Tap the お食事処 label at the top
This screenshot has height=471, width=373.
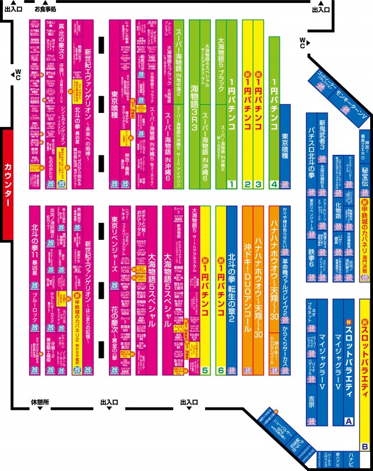coord(45,10)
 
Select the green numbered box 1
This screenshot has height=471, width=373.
coord(231,185)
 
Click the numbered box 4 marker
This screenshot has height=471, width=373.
coord(274,185)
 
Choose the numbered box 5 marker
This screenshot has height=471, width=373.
coord(206,370)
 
